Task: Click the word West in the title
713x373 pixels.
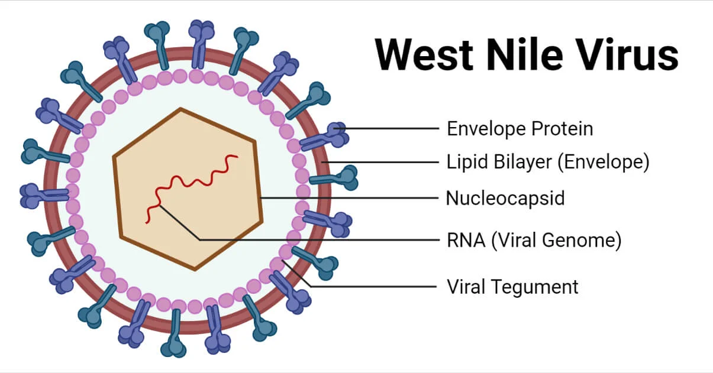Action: tap(424, 54)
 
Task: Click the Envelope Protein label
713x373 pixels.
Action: tap(520, 128)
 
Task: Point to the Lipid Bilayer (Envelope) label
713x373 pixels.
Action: tap(547, 161)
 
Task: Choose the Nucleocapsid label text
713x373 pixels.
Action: tap(505, 198)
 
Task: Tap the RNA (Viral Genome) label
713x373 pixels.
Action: tap(533, 241)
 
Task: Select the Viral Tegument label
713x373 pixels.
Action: tap(512, 287)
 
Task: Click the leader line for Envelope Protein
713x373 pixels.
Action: tap(391, 128)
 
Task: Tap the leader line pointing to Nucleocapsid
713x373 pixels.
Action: tap(349, 198)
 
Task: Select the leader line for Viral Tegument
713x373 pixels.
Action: tap(379, 287)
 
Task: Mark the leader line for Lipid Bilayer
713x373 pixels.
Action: tap(385, 161)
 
